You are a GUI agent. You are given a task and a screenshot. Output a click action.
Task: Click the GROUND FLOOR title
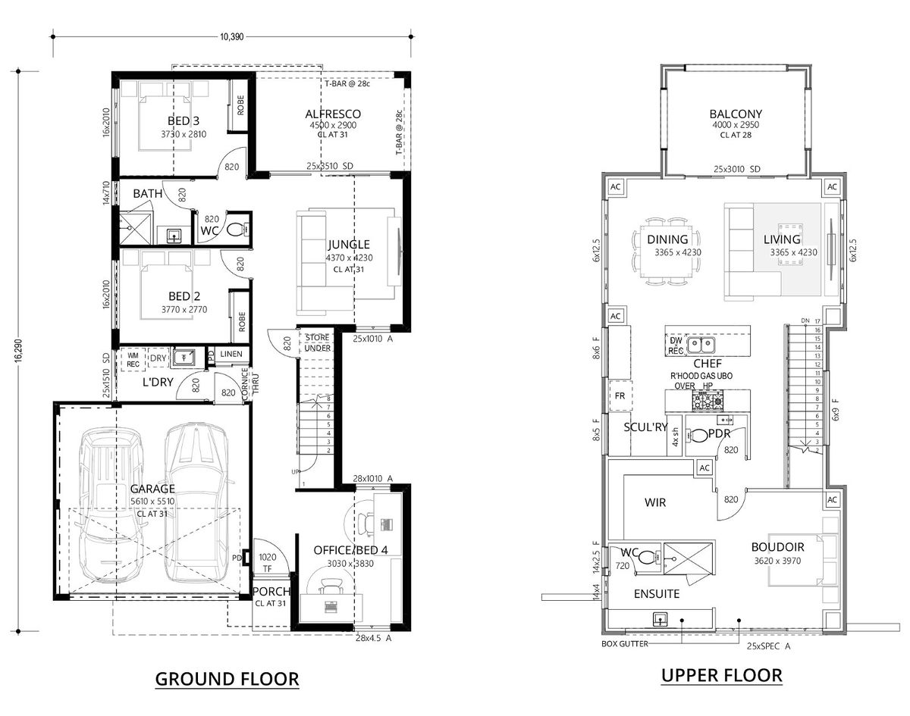coord(227,678)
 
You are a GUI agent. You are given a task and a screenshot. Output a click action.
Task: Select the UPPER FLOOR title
coord(721,675)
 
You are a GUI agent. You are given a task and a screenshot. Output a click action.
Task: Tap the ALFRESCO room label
coord(333,114)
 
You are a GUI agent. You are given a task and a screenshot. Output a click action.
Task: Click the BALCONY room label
coord(735,114)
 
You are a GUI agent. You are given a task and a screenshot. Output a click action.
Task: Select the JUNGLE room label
coord(349,244)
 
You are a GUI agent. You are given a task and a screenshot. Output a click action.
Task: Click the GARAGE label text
coord(152,489)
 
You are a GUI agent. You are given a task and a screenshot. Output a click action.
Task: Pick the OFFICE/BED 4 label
coord(351,550)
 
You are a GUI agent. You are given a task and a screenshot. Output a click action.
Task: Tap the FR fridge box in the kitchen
coord(619,396)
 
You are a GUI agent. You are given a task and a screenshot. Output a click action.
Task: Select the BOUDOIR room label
coord(777,546)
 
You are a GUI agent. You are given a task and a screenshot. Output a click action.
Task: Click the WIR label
coord(655,502)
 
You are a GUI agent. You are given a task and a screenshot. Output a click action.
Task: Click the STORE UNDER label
coord(317,342)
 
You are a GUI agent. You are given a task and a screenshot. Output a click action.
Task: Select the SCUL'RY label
coord(645,427)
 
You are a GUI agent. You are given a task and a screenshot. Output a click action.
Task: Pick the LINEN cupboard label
coord(231,354)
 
